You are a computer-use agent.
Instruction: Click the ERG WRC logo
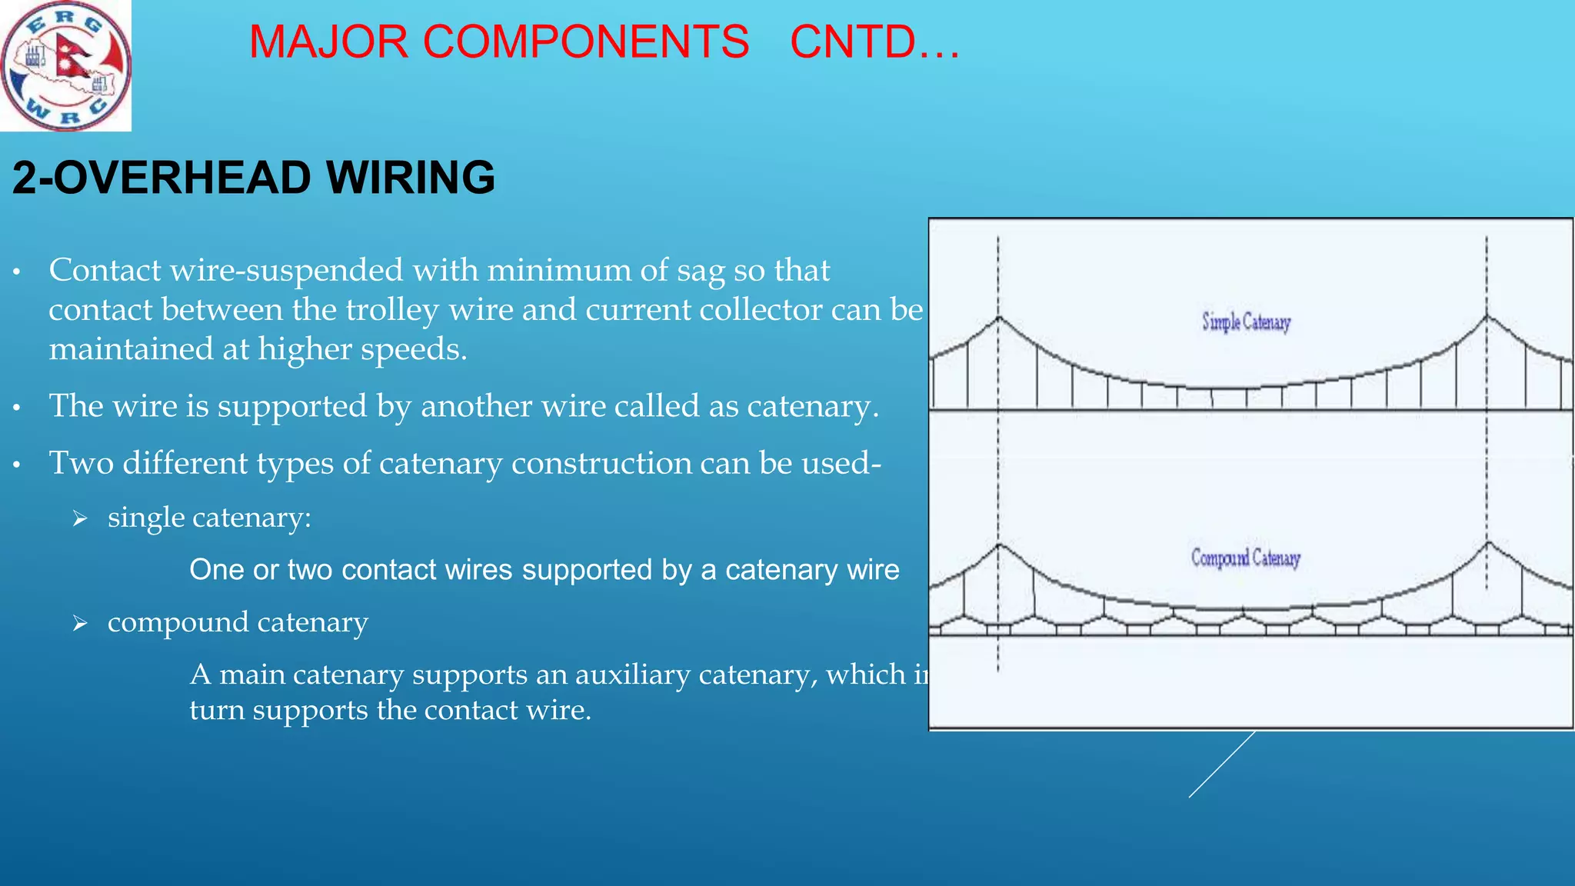coord(65,65)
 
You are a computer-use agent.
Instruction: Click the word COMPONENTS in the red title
coord(585,42)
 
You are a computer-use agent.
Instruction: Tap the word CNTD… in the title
coord(874,42)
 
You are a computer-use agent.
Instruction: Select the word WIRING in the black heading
coord(411,178)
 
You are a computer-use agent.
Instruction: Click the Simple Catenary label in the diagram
coord(1246,321)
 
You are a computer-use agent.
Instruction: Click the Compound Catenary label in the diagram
coord(1246,557)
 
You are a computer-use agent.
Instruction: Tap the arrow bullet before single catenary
coord(80,519)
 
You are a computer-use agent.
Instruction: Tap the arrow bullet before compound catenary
coord(80,624)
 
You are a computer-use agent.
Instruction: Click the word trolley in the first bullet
coord(391,310)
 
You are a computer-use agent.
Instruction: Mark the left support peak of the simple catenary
coord(998,316)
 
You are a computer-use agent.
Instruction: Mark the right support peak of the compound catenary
coord(1487,543)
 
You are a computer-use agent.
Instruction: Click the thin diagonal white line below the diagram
coord(1221,764)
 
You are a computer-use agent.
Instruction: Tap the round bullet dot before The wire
coord(16,408)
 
